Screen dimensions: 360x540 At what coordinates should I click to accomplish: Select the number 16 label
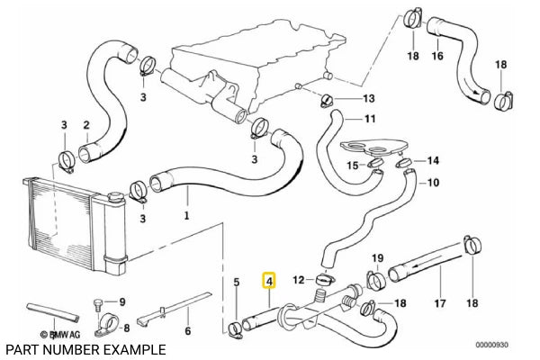(x=437, y=56)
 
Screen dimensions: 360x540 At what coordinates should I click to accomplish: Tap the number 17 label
(x=440, y=303)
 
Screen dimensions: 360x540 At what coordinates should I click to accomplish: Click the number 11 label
(x=369, y=119)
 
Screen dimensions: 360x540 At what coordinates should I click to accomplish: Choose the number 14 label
(x=433, y=161)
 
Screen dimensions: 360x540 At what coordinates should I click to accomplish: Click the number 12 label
(x=298, y=280)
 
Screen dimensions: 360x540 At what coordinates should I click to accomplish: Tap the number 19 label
(x=378, y=257)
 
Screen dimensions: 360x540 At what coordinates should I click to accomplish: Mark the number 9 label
(x=123, y=302)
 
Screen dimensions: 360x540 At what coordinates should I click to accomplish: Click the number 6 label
(x=187, y=330)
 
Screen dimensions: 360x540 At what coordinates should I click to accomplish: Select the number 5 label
(x=236, y=283)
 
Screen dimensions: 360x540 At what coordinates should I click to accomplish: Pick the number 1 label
(x=186, y=216)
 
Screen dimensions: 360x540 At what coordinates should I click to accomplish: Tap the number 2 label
(x=85, y=124)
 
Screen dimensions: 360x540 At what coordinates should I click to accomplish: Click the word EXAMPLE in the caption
(x=135, y=348)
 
